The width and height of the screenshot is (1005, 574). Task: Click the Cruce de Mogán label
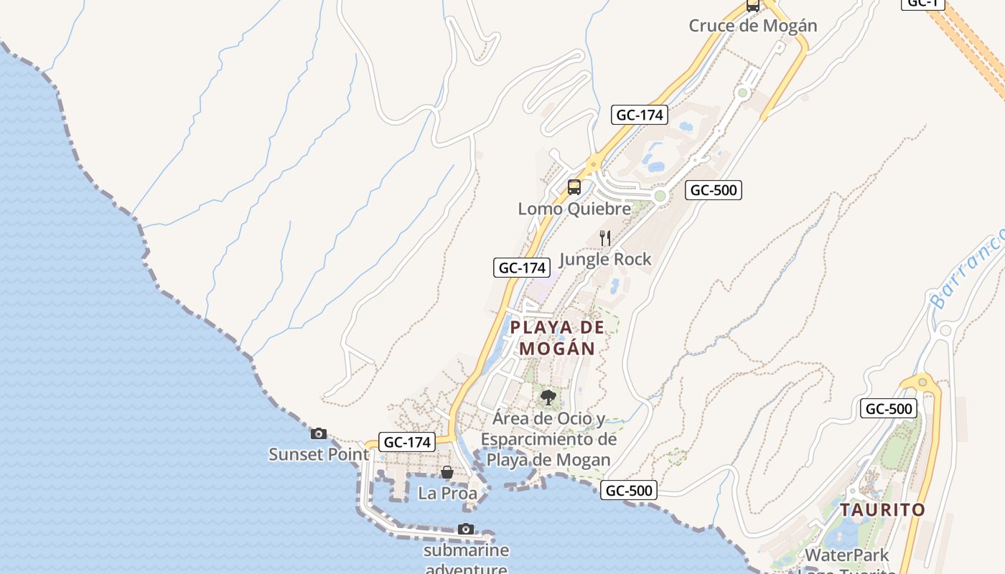pyautogui.click(x=752, y=26)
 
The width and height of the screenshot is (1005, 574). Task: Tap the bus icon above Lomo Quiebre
pyautogui.click(x=574, y=187)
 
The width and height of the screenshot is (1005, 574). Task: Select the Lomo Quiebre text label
pyautogui.click(x=574, y=209)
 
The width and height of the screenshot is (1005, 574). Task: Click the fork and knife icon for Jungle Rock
pyautogui.click(x=605, y=237)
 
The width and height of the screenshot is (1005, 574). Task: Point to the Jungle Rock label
pyautogui.click(x=605, y=259)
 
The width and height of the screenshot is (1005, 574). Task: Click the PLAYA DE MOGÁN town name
pyautogui.click(x=557, y=338)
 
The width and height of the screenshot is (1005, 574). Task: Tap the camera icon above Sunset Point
pyautogui.click(x=319, y=433)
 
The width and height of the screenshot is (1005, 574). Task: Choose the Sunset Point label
pyautogui.click(x=319, y=454)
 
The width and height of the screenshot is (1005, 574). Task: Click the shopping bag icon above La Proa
pyautogui.click(x=447, y=472)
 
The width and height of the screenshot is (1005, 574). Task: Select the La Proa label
pyautogui.click(x=447, y=494)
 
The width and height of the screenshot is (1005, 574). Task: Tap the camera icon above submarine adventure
pyautogui.click(x=466, y=530)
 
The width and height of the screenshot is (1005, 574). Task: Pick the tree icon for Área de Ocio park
pyautogui.click(x=548, y=397)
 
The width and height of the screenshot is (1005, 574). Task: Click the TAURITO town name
pyautogui.click(x=882, y=510)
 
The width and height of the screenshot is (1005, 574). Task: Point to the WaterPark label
pyautogui.click(x=846, y=555)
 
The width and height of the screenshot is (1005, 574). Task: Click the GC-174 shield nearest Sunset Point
pyautogui.click(x=408, y=442)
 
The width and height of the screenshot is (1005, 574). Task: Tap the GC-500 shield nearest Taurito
pyautogui.click(x=889, y=409)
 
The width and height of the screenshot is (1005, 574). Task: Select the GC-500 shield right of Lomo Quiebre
pyautogui.click(x=713, y=190)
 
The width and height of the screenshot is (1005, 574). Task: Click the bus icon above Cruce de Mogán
pyautogui.click(x=752, y=6)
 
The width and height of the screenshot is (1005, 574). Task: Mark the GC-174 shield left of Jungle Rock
pyautogui.click(x=522, y=268)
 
